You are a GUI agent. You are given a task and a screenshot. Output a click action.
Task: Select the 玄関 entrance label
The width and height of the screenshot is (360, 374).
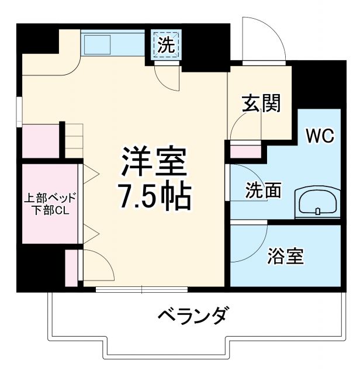[261, 104]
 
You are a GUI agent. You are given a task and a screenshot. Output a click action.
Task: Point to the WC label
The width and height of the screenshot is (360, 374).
[320, 137]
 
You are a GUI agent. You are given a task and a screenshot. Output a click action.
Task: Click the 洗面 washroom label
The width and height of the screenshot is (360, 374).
[263, 191]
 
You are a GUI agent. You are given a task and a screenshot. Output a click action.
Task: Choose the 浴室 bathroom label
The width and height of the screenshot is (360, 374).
[286, 256]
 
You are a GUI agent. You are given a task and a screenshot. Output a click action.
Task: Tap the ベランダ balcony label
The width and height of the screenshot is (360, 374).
[192, 316]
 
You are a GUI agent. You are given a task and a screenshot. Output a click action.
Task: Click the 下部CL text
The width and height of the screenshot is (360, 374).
[50, 211]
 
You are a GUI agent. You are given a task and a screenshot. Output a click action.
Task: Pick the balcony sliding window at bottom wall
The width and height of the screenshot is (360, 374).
[141, 289]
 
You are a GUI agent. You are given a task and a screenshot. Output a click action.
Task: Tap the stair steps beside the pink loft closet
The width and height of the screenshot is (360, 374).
[72, 140]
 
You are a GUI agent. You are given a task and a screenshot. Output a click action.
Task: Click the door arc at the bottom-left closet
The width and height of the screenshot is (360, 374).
[97, 266]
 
